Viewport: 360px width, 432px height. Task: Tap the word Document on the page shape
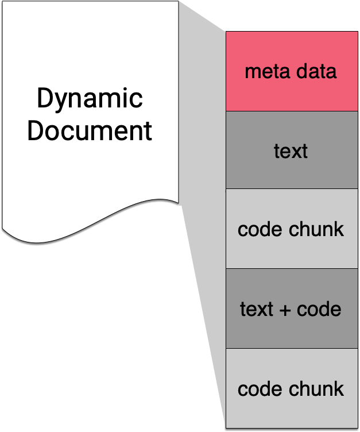click(x=90, y=130)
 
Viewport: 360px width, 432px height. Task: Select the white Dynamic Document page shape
click(x=90, y=121)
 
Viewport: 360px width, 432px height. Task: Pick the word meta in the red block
click(x=267, y=72)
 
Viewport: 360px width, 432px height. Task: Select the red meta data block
click(x=292, y=71)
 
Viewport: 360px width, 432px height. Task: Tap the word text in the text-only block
click(x=291, y=151)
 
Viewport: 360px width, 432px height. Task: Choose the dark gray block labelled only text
click(x=292, y=150)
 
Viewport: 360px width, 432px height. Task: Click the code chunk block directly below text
click(x=292, y=229)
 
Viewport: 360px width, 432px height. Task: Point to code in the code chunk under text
click(x=260, y=229)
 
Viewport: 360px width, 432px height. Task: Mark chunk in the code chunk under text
click(x=316, y=229)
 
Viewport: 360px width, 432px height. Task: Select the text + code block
click(x=292, y=308)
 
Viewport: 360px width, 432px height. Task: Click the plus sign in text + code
click(x=285, y=310)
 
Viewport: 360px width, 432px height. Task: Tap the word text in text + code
click(x=257, y=309)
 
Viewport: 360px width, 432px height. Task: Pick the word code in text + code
click(x=319, y=309)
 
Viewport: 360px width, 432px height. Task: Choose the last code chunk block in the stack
click(x=292, y=388)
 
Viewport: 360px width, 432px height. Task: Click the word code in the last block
click(x=260, y=389)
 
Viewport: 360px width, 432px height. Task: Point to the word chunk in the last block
click(x=316, y=389)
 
